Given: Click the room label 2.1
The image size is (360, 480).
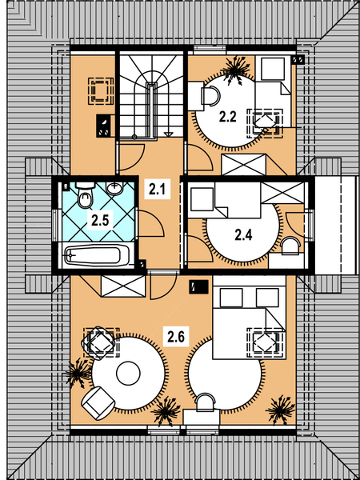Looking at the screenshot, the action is pos(157,190).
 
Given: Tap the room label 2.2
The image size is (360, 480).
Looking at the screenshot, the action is pos(228,118).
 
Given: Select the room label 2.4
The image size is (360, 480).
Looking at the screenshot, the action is pos(243,235).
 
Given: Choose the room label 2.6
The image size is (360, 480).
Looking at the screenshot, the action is pos(176,338).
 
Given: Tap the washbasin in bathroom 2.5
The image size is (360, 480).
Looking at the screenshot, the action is pos(114,188).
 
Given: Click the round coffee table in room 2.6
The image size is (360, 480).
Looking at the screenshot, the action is pos(128,373).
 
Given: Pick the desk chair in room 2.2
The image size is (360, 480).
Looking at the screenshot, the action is pos(212,96).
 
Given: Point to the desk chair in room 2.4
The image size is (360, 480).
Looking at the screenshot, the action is pos(290,246).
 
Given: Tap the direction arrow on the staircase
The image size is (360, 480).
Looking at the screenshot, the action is pos(168,134).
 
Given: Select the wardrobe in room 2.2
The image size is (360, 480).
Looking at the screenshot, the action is pos(244,164).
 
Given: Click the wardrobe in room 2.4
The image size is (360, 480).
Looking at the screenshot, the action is pos(282,193).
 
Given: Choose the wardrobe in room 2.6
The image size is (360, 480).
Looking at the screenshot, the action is pos(123,286).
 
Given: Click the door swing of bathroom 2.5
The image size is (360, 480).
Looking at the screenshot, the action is pos(150,224).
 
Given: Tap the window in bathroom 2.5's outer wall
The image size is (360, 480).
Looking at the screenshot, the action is pos(55,225).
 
